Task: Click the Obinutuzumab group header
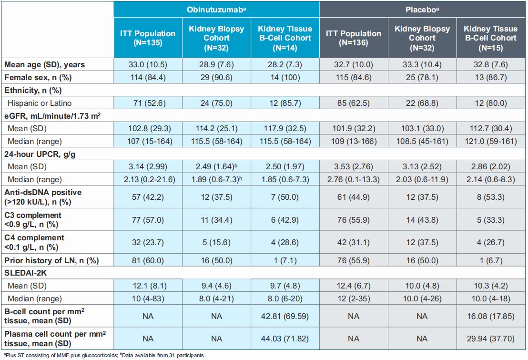216,9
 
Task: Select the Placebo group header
422,9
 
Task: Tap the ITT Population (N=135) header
148,38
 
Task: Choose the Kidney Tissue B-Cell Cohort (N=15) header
491,38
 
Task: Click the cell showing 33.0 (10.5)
148,64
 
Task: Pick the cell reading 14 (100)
284,77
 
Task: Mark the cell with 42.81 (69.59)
284,316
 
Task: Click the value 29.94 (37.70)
491,339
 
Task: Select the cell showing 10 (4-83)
148,299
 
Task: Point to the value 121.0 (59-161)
491,141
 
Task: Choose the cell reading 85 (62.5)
354,103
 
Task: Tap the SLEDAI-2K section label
27,273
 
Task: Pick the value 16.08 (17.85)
491,316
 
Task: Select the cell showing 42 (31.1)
354,242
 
